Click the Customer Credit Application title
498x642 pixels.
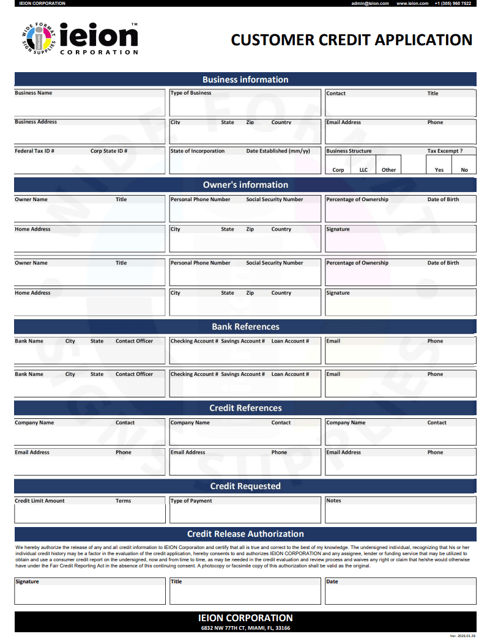click(351, 40)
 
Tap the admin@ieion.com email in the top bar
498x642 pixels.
click(370, 3)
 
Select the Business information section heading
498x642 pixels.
click(245, 79)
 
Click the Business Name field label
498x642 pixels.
click(34, 93)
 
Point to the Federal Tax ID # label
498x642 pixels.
click(35, 151)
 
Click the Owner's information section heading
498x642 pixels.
click(245, 185)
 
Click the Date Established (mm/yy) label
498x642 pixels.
click(278, 151)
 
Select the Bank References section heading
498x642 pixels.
click(245, 327)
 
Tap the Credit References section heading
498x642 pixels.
click(245, 408)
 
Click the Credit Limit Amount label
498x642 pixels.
click(40, 501)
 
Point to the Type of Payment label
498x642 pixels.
click(191, 501)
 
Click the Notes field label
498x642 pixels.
click(334, 501)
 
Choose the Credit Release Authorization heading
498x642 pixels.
click(245, 534)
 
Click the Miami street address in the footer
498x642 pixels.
click(245, 628)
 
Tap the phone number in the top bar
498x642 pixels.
click(453, 3)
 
